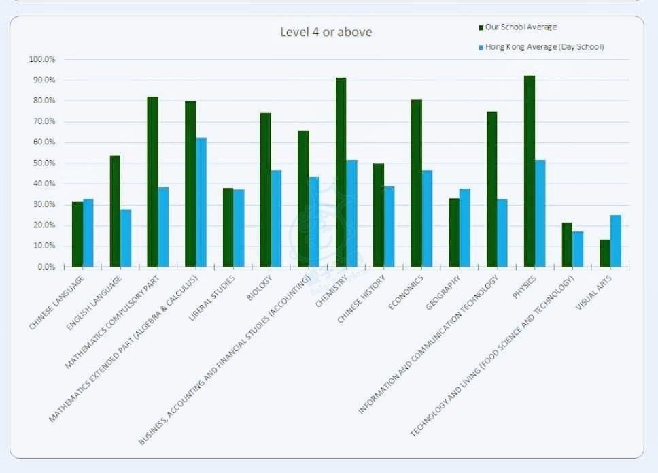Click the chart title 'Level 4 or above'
coord(326,32)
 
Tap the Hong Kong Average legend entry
coord(544,47)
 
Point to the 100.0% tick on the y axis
coord(42,59)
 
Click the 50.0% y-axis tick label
coord(42,163)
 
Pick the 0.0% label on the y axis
coord(45,267)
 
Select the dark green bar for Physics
coord(530,171)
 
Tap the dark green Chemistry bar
coord(341,172)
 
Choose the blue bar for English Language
coord(126,238)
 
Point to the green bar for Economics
coord(416,183)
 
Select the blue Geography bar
coord(465,227)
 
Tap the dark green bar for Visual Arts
coord(605,253)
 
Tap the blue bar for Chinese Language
coord(88,233)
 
